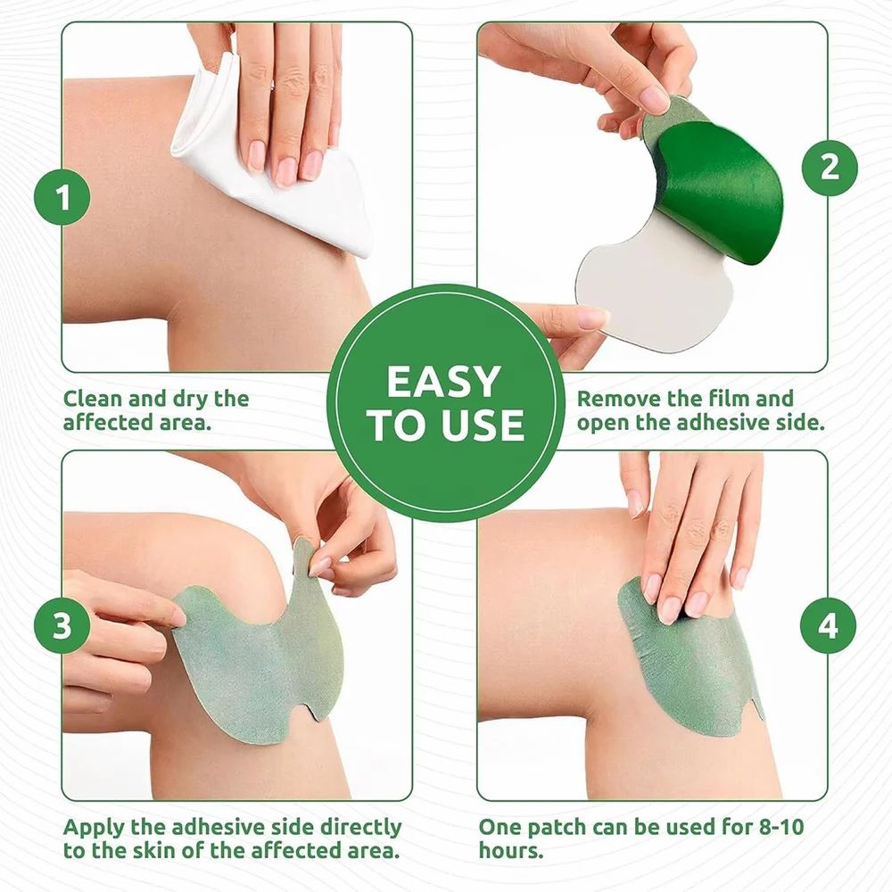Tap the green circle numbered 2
[x=830, y=166]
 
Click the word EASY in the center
[x=443, y=382]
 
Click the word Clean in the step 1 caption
[x=93, y=398]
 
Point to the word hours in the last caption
[x=509, y=852]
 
